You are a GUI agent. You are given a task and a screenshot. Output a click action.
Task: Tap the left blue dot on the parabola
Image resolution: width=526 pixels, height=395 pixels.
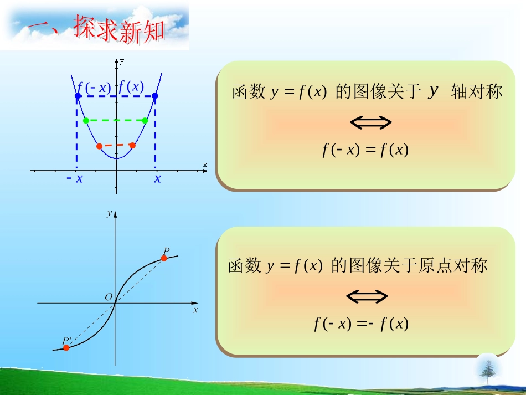click(78, 96)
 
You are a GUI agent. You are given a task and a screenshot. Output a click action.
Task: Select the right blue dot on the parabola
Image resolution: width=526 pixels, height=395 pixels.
click(155, 96)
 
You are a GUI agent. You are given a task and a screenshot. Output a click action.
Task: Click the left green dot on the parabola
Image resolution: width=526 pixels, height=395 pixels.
click(86, 120)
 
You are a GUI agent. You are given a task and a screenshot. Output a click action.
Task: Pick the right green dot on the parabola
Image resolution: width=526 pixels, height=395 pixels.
click(145, 120)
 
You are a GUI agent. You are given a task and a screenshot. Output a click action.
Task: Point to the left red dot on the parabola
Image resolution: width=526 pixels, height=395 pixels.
click(99, 146)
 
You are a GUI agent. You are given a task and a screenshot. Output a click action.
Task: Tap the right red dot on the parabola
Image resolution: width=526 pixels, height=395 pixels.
click(132, 146)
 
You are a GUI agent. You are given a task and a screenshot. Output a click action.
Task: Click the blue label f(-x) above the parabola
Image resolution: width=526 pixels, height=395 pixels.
click(94, 87)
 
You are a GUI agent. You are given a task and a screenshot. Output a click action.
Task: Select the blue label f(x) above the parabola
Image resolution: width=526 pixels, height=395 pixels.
click(131, 86)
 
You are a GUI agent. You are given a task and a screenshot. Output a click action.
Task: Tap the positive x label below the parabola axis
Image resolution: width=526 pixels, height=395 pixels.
click(158, 178)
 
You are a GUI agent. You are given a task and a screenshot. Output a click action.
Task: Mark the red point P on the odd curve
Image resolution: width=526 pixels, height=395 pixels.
click(164, 258)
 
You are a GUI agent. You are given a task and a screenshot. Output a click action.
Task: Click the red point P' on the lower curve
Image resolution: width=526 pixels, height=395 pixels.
click(66, 347)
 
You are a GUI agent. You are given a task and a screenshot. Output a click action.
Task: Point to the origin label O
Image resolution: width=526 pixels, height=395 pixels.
click(109, 297)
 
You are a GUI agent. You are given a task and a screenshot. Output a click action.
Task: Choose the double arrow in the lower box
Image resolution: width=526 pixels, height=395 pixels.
click(367, 296)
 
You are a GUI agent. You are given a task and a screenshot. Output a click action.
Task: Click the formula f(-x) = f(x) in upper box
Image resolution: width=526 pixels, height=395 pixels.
click(365, 150)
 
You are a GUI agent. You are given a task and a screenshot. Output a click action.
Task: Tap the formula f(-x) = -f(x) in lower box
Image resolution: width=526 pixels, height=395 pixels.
click(361, 324)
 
